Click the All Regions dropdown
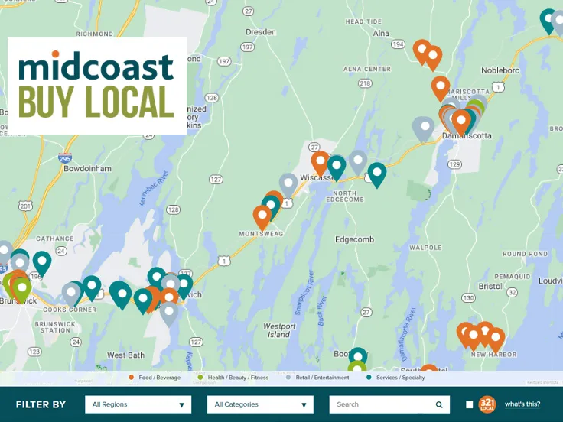pyautogui.click(x=138, y=404)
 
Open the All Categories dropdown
pyautogui.click(x=260, y=404)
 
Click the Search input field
pyautogui.click(x=382, y=404)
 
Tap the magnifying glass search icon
pyautogui.click(x=439, y=404)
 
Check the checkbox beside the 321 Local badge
pyautogui.click(x=469, y=404)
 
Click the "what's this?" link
pyautogui.click(x=522, y=404)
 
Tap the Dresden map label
pyautogui.click(x=260, y=32)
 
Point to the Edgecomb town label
pyautogui.click(x=354, y=239)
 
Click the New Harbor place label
pyautogui.click(x=493, y=355)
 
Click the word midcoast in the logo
pyautogui.click(x=96, y=67)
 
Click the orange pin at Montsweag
pyautogui.click(x=262, y=216)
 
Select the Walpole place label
pyautogui.click(x=425, y=248)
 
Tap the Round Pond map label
pyautogui.click(x=525, y=254)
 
